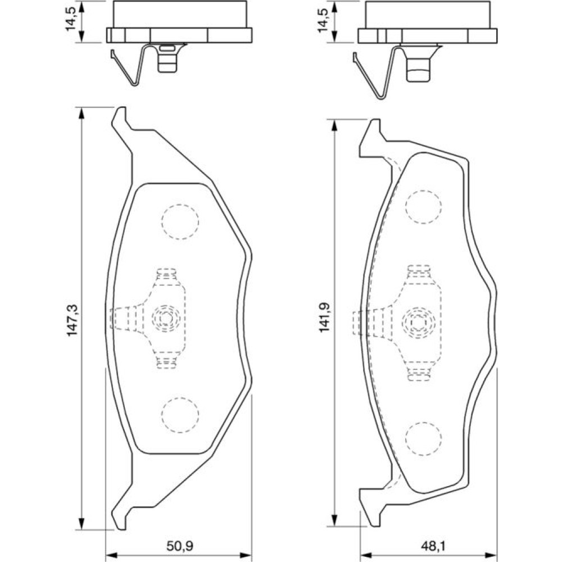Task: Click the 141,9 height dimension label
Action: point(324,318)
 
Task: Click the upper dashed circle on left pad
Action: point(180,223)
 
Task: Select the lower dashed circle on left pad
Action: point(180,415)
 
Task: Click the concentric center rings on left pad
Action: point(166,318)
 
